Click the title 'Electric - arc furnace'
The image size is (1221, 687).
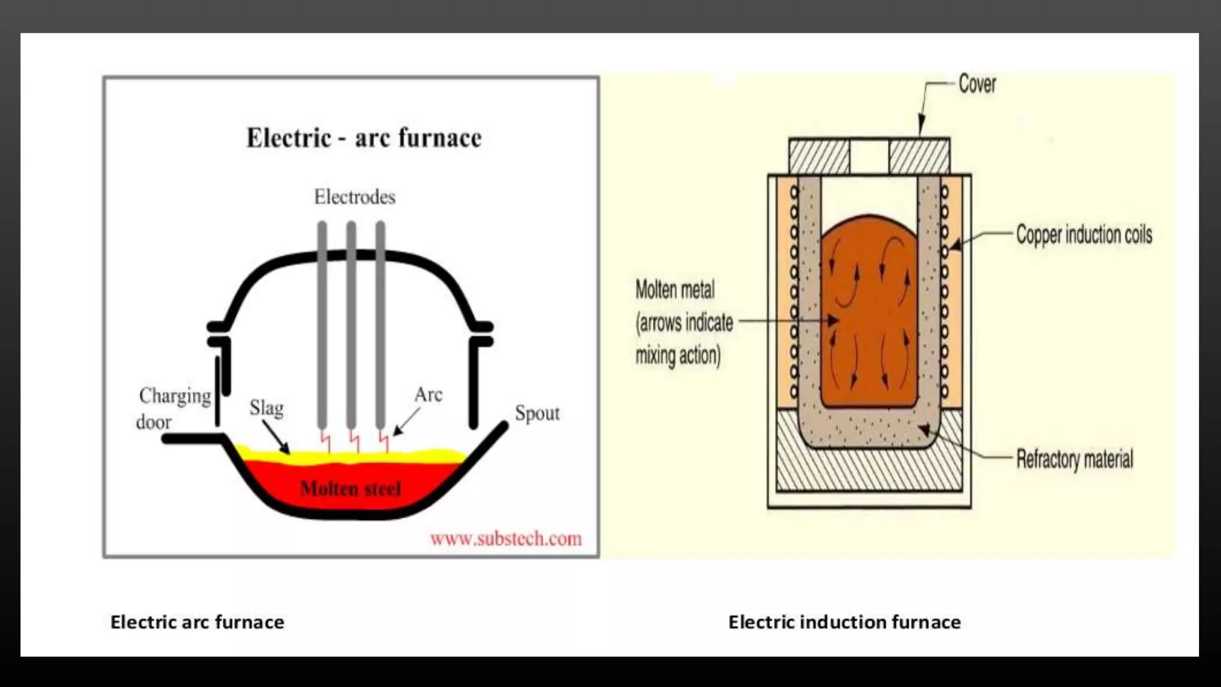click(x=364, y=138)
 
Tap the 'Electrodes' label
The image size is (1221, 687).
click(x=355, y=197)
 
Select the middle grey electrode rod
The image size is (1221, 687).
click(x=351, y=322)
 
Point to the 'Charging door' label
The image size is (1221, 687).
click(x=173, y=409)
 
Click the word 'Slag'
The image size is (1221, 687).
click(x=266, y=408)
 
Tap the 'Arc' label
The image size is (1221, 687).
click(x=428, y=394)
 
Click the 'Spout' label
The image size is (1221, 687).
click(x=537, y=413)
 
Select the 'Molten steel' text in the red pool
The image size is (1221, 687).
click(x=351, y=489)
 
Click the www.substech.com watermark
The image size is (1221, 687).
click(x=506, y=539)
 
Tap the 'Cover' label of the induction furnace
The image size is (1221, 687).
click(x=977, y=84)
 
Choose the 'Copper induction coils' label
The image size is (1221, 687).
click(x=1084, y=234)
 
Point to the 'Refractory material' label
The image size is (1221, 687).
click(x=1074, y=459)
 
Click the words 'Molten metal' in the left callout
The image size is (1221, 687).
click(x=674, y=290)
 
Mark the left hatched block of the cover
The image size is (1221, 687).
click(x=819, y=156)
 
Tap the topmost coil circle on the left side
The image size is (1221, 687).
click(x=794, y=192)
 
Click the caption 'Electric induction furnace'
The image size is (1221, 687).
click(x=844, y=622)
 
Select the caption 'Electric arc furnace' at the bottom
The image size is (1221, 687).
click(x=197, y=622)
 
